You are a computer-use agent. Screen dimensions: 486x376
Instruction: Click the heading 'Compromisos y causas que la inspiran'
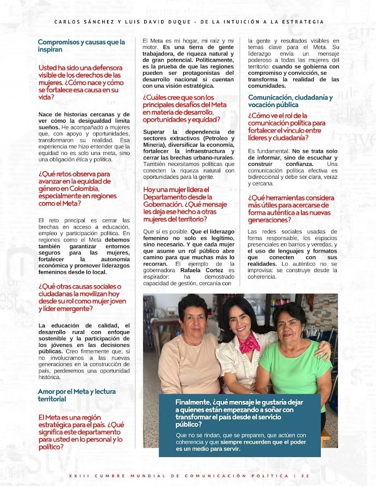coord(81,46)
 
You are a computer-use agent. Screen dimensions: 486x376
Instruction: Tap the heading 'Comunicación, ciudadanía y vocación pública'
coord(290,101)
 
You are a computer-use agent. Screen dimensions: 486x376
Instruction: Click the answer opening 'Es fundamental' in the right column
coord(268,150)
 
